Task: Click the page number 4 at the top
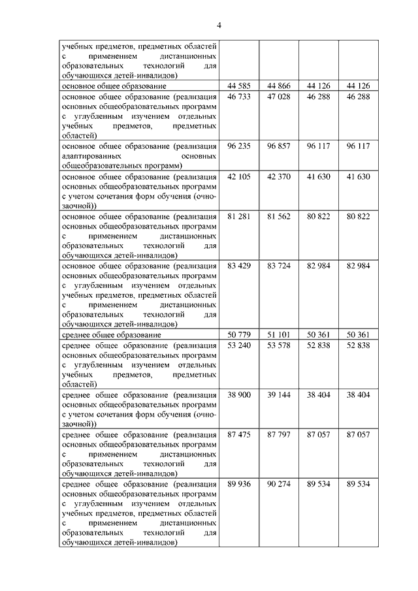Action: pyautogui.click(x=219, y=25)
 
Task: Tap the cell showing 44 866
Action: pyautogui.click(x=279, y=86)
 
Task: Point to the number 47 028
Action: pyautogui.click(x=279, y=96)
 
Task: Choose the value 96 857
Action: pyautogui.click(x=279, y=146)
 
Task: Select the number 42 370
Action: pyautogui.click(x=279, y=176)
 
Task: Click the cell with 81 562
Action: pyautogui.click(x=279, y=216)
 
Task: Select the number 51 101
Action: pyautogui.click(x=279, y=334)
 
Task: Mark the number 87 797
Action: pyautogui.click(x=279, y=434)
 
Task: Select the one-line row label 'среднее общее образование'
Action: pyautogui.click(x=112, y=334)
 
